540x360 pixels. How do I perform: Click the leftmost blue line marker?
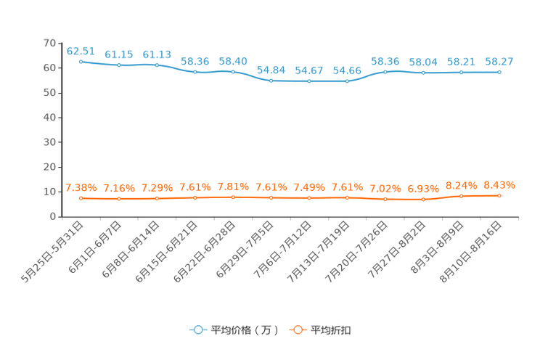coord(81,62)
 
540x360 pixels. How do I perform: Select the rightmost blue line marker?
coord(499,72)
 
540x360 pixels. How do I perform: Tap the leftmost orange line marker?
coord(81,198)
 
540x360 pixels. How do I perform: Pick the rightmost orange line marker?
coord(499,196)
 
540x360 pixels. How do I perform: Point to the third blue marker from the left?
coord(157,65)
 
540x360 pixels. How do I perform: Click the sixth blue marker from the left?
coord(271,81)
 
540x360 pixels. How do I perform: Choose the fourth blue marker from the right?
coord(385,71)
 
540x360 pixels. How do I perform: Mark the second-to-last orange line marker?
coord(461,196)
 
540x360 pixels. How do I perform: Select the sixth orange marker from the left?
coord(271,197)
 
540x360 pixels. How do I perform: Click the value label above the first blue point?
coord(81,50)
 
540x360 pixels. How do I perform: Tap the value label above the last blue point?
coord(499,62)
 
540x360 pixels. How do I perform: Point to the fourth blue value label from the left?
coord(195,62)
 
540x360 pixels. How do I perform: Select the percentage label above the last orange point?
coord(499,184)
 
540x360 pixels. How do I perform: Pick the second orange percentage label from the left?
coord(118,189)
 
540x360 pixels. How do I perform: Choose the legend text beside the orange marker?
coord(332,330)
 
